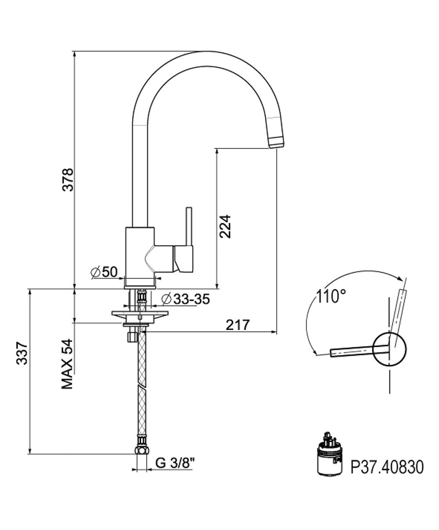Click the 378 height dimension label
67,179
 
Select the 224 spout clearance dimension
225,226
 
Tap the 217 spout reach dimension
237,325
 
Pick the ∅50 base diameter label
104,272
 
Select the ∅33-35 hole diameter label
185,299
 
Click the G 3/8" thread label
175,462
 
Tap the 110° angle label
329,297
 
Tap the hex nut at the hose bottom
141,451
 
